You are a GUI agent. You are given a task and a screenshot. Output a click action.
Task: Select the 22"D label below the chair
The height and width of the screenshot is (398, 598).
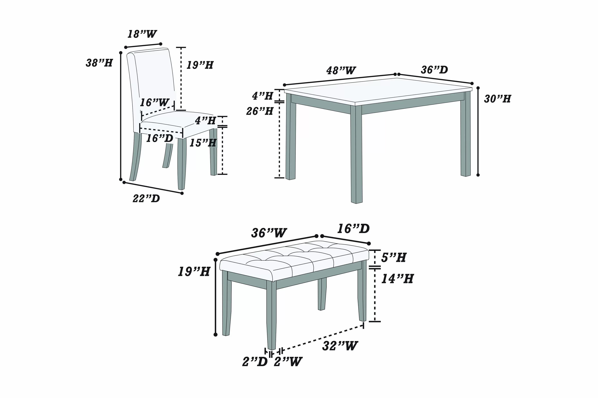click(x=146, y=198)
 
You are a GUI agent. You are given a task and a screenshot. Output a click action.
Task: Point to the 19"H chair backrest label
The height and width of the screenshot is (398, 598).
click(x=200, y=65)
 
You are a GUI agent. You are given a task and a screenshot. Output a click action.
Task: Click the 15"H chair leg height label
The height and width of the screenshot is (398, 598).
click(x=203, y=143)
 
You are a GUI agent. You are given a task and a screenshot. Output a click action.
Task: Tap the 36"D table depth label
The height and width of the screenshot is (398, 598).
click(x=434, y=70)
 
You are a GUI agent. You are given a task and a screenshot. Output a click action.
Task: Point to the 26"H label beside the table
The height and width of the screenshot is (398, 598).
click(x=260, y=111)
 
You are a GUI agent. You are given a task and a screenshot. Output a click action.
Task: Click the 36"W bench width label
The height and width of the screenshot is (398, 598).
click(x=269, y=233)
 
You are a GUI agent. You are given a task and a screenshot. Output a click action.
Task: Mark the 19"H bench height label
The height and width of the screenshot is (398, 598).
click(x=194, y=272)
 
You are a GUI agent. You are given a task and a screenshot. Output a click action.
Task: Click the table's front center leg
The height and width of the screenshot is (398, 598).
click(x=356, y=155)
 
